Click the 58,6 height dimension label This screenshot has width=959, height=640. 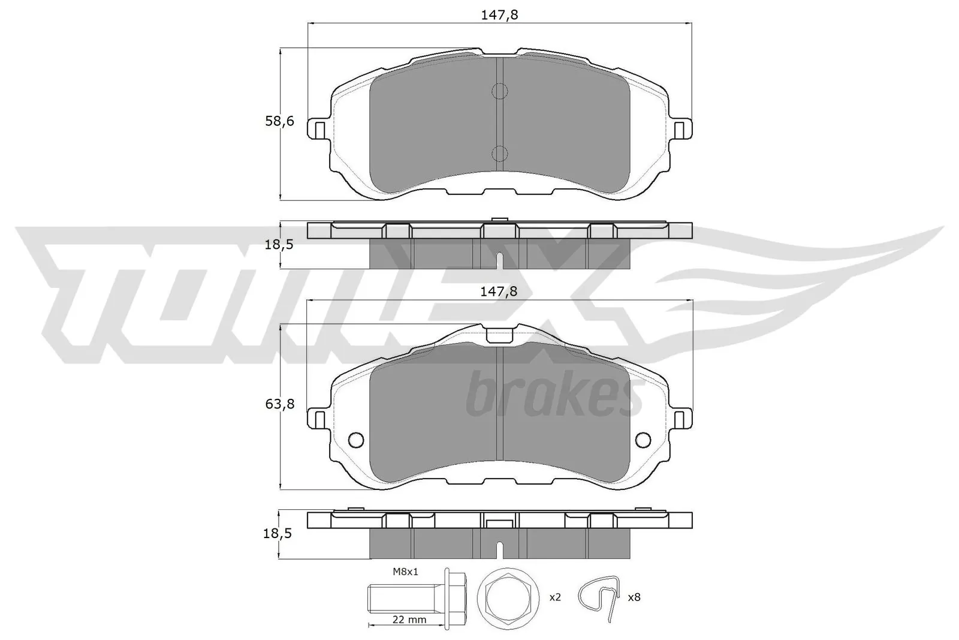coord(279,121)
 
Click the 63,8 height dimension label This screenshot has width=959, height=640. coord(280,404)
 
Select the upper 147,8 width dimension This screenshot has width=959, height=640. coord(499,15)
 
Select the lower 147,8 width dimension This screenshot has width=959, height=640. coord(499,292)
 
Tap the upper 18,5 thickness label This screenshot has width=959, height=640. coord(279,244)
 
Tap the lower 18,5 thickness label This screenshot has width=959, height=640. coord(279,533)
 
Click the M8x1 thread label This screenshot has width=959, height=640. coord(405,572)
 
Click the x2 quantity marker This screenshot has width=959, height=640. coord(556,597)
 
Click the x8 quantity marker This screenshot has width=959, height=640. coord(634,597)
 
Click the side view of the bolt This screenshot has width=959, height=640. coord(414,597)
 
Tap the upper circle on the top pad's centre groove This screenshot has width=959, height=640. coord(499,91)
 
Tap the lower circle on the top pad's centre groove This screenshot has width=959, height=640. coord(499,154)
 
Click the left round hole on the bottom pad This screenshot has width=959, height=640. coord(355,440)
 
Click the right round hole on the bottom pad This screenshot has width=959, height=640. coord(643,440)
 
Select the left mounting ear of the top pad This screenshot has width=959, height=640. coord(318,128)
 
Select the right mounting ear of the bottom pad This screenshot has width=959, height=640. coord(681,418)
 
